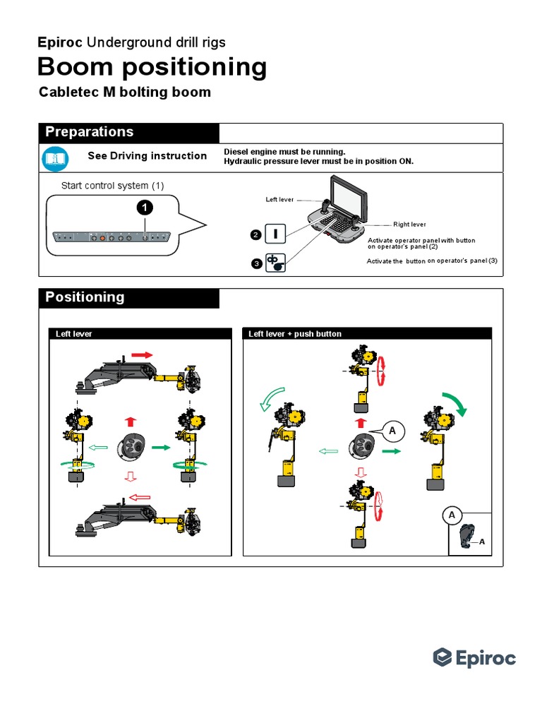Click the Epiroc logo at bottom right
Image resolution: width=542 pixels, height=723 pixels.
pos(474,658)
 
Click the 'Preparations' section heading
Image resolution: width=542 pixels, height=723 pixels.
pos(89,133)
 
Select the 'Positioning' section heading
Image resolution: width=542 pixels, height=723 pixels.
pos(85,297)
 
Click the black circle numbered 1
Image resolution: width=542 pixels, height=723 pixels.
pos(143,208)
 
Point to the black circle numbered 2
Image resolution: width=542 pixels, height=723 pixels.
pos(254,234)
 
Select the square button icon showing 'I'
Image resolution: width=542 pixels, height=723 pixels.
pos(275,234)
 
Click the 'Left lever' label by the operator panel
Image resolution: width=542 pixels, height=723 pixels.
pos(279,200)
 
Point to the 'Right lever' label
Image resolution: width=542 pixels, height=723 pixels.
pos(409,225)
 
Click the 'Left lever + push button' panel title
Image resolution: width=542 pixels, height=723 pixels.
pos(295,334)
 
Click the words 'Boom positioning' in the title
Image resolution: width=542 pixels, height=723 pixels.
pos(152,67)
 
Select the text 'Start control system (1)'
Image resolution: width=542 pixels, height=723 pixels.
pos(113,186)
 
